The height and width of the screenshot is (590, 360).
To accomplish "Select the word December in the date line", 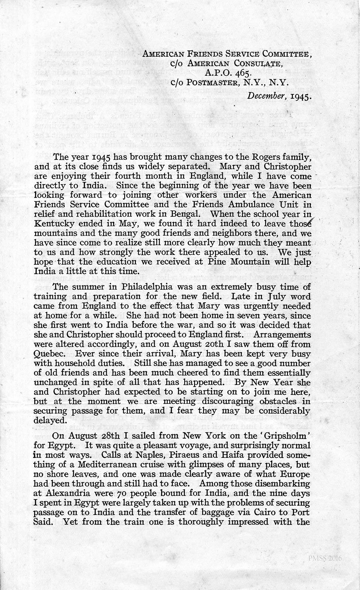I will click(x=264, y=96).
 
